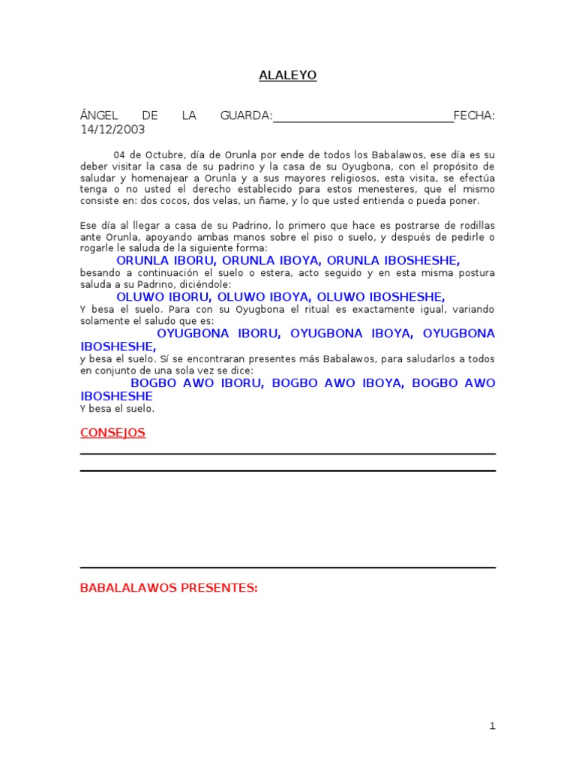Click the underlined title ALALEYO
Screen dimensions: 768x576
click(x=288, y=75)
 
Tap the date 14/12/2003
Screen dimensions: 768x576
click(x=112, y=129)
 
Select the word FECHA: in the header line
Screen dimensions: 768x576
click(x=474, y=115)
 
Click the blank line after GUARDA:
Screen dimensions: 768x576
click(x=364, y=117)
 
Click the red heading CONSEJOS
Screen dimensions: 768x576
click(x=112, y=433)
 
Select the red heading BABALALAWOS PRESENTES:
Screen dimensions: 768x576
click(x=169, y=588)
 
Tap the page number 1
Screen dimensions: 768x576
click(x=492, y=725)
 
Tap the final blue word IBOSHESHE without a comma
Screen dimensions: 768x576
click(x=116, y=395)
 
